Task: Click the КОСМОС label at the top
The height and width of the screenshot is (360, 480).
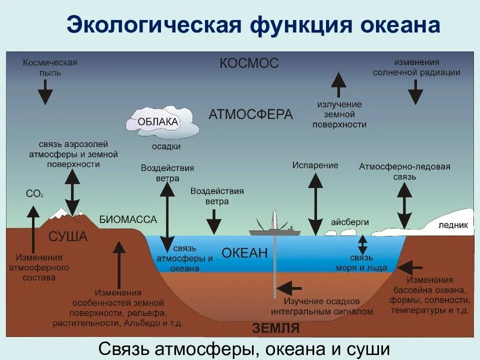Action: pos(248,63)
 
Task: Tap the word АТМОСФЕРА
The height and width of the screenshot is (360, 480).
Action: pos(250,114)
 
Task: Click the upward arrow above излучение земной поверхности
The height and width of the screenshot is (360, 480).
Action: pos(338,84)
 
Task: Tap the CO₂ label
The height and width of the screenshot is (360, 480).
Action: pos(34,193)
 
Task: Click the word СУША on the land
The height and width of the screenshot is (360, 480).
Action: pos(68,236)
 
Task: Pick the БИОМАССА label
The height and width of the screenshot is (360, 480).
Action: pos(128,219)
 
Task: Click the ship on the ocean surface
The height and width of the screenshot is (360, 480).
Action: pos(275,230)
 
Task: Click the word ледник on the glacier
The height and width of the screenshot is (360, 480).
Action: pos(453,225)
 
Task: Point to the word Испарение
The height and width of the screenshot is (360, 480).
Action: pos(315,165)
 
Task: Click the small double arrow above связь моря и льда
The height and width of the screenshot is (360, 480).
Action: pos(362,244)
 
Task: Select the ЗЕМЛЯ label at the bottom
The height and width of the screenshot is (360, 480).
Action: pos(275,328)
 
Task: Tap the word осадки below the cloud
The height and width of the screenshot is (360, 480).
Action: pos(166,147)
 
